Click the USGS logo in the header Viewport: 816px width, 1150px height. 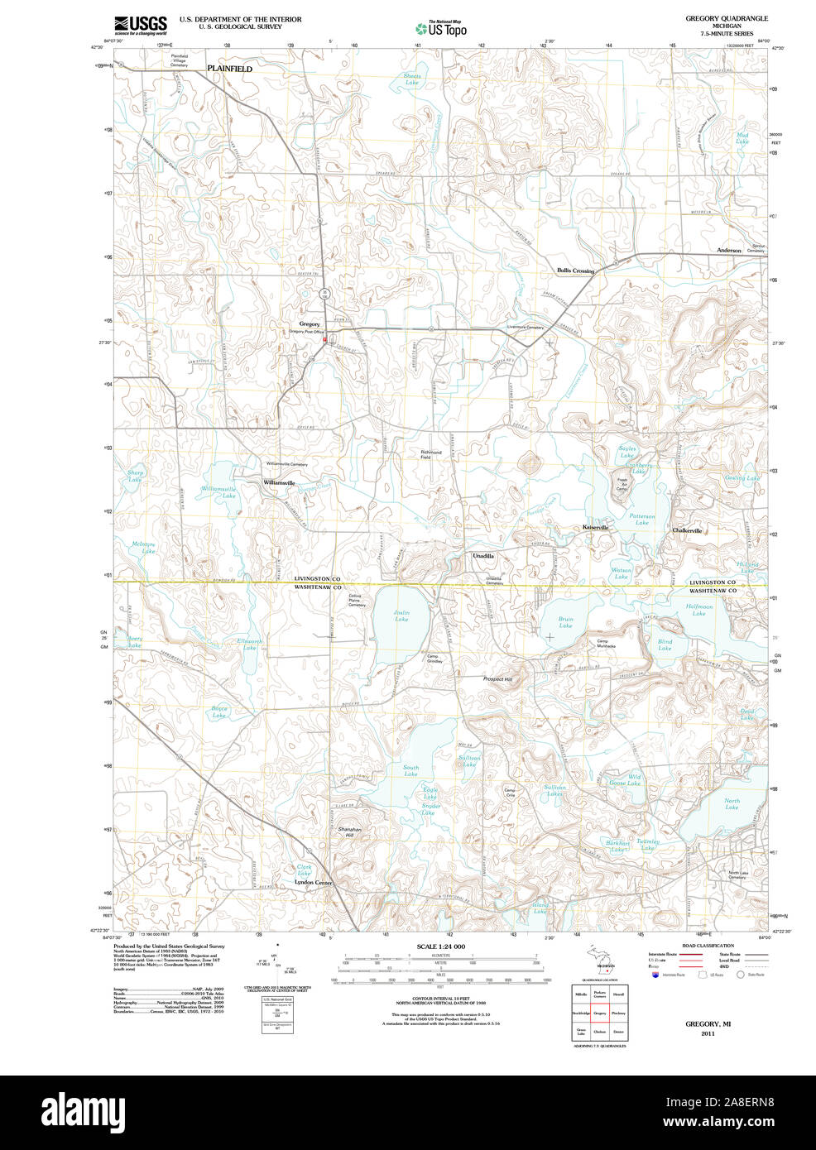[141, 24]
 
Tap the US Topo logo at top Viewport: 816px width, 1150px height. [442, 28]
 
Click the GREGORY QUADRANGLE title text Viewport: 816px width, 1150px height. [726, 18]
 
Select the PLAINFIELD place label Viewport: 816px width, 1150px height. [229, 69]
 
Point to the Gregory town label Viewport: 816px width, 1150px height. [310, 324]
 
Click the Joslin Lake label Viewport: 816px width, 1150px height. [401, 616]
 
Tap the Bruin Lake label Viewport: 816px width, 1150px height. [565, 622]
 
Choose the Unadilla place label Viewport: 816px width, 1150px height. [483, 556]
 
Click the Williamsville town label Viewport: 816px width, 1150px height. [279, 482]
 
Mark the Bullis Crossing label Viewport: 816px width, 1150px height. [575, 271]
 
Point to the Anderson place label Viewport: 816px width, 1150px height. [729, 250]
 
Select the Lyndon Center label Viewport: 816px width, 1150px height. [314, 883]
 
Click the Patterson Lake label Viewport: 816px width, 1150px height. [641, 519]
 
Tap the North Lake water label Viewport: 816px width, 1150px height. [732, 803]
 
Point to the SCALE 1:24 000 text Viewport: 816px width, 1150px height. [440, 946]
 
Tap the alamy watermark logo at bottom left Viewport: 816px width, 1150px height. [84, 1111]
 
